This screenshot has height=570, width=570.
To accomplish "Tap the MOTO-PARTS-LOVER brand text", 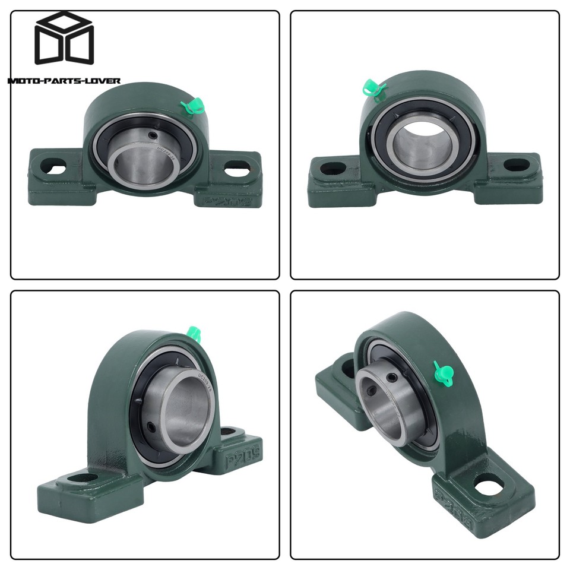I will [64, 80].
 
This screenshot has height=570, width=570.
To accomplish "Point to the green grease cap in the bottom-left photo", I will [192, 333].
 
